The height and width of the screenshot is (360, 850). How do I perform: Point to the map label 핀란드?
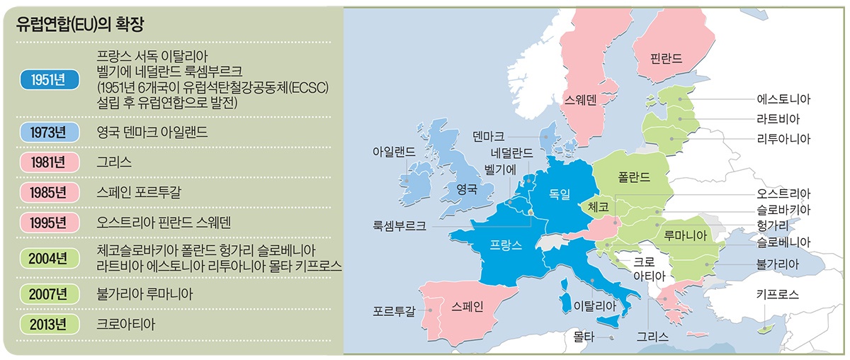[667, 59]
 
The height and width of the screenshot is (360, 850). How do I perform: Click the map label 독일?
[560, 193]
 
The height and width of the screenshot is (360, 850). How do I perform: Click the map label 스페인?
[467, 306]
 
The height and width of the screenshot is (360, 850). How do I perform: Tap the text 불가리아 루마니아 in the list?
[144, 293]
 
